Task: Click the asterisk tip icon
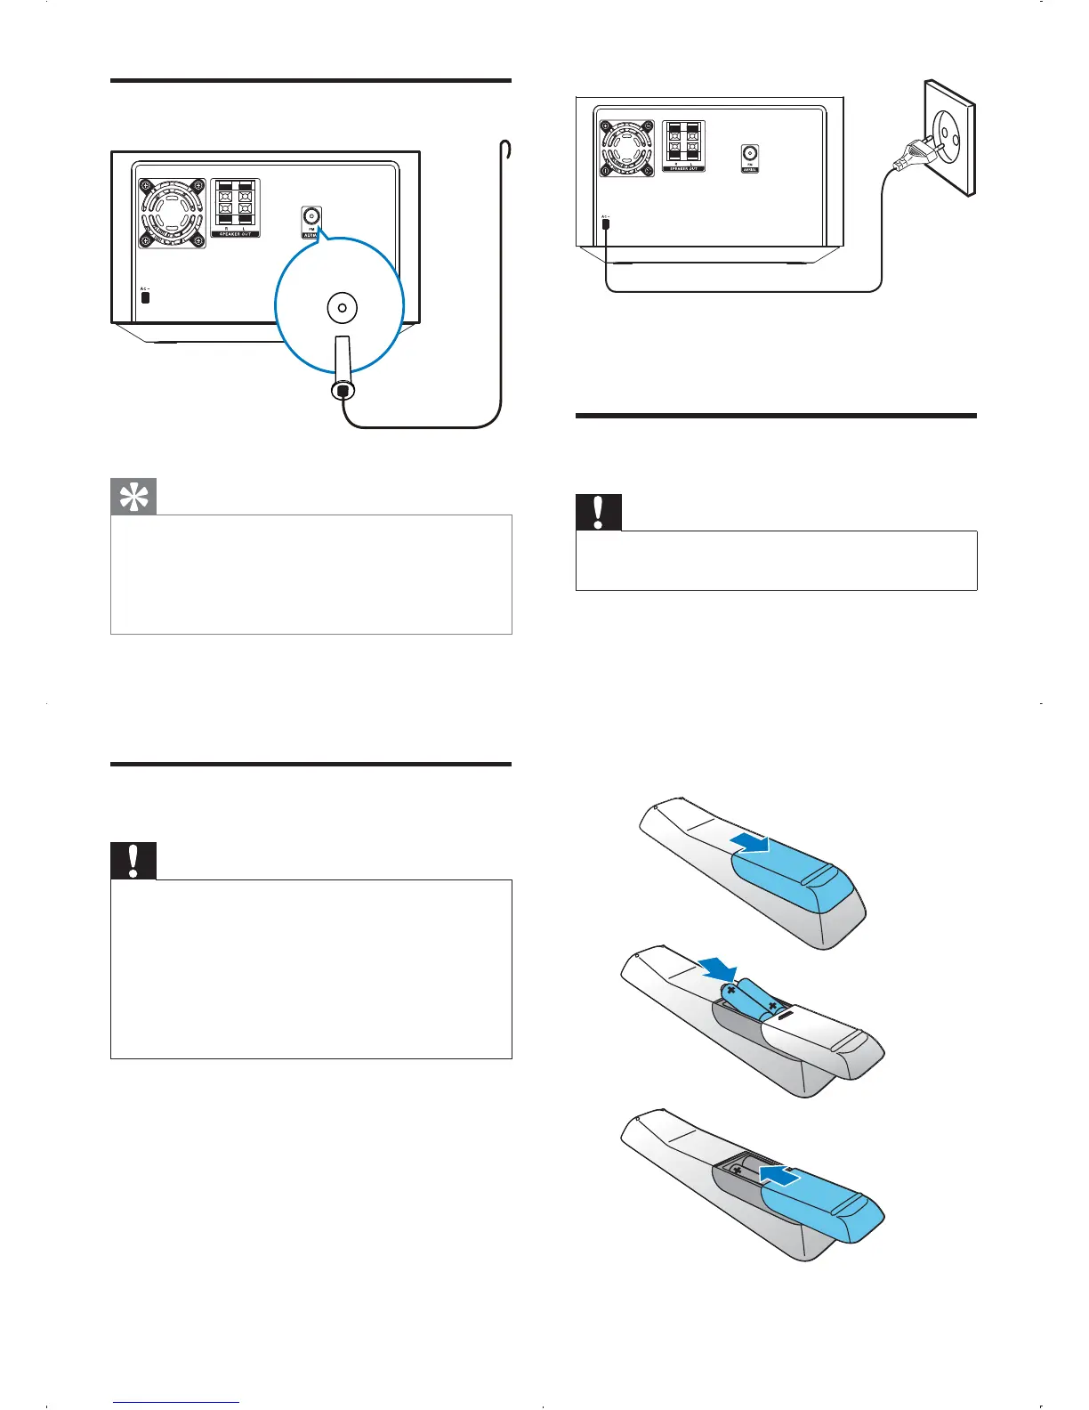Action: [133, 498]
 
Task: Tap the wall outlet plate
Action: [949, 138]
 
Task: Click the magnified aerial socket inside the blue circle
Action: [343, 308]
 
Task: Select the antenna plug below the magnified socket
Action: [343, 378]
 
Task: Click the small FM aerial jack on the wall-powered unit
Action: [749, 155]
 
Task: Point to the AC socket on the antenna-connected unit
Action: [146, 296]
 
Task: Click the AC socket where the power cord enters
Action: [606, 223]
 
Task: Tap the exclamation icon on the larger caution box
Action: [133, 861]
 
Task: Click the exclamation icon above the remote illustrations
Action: [599, 512]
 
